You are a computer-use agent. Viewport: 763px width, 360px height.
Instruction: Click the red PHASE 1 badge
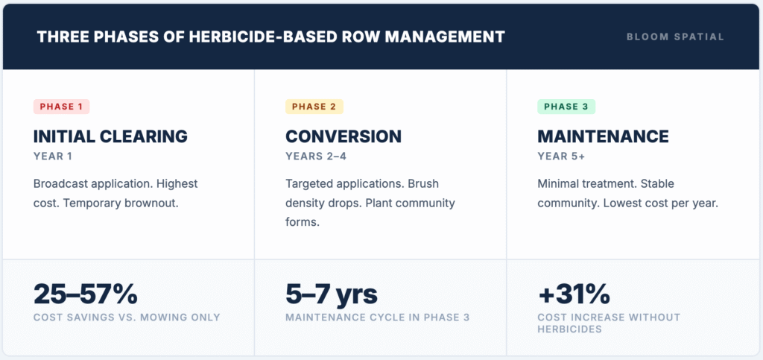point(61,107)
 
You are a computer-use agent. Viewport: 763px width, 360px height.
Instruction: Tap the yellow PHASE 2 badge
point(314,107)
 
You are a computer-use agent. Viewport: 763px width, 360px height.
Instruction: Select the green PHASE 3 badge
point(566,107)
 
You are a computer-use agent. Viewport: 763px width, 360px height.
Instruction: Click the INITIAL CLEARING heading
point(110,136)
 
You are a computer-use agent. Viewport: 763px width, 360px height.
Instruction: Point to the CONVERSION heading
point(343,136)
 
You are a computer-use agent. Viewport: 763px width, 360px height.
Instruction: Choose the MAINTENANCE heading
point(604,136)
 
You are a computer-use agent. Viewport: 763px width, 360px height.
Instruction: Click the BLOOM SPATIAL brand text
point(675,37)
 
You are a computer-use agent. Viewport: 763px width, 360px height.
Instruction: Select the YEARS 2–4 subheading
point(316,157)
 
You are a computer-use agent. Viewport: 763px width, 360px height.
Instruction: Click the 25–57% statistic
point(86,294)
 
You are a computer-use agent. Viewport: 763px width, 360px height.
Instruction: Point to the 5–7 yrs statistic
point(332,294)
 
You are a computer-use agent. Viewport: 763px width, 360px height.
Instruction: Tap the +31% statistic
point(574,294)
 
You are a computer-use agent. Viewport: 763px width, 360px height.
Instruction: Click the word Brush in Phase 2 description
point(424,184)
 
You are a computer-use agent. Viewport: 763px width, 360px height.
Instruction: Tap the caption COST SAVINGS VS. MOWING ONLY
point(127,318)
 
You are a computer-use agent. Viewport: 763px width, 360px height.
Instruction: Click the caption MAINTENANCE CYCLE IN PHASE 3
point(378,318)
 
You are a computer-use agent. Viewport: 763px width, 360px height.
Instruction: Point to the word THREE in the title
point(57,37)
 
